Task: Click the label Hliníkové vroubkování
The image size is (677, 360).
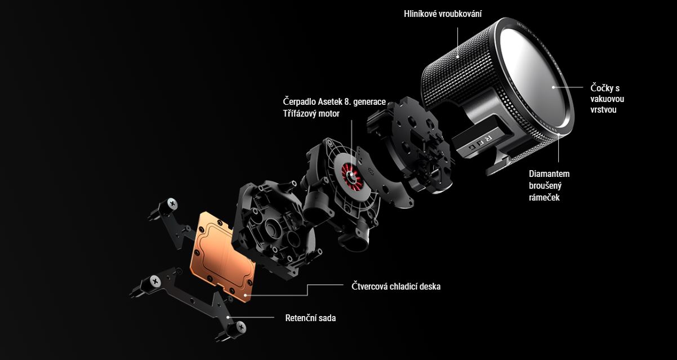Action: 443,14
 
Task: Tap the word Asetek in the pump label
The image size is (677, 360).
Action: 330,101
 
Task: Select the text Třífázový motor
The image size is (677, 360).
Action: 311,114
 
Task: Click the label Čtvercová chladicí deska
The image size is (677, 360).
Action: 396,286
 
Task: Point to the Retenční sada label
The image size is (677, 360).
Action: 310,318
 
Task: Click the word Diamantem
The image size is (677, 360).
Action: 549,174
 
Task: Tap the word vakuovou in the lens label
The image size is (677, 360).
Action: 607,99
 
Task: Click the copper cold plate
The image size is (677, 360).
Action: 222,257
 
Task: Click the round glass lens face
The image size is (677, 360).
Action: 533,77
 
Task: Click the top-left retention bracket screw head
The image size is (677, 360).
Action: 172,203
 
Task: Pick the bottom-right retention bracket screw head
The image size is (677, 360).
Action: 241,327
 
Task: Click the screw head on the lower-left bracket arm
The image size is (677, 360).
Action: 155,282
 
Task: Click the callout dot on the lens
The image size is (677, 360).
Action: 554,87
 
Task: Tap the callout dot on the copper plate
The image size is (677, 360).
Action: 246,295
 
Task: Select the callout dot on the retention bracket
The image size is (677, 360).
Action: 228,317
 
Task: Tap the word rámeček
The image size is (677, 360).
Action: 544,197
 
